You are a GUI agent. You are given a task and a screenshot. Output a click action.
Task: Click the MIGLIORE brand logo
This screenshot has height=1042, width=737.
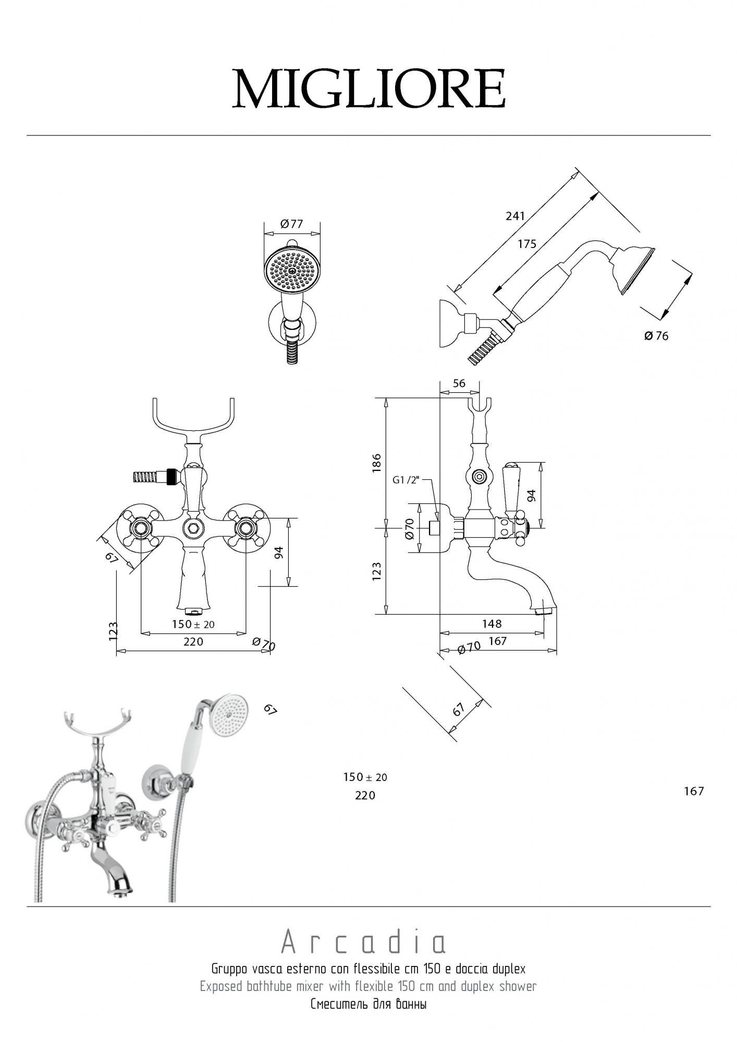tap(368, 88)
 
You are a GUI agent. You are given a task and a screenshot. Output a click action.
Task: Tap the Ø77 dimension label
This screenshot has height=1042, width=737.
tap(291, 224)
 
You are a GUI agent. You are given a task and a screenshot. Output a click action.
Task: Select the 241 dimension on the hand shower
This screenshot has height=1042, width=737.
tap(515, 215)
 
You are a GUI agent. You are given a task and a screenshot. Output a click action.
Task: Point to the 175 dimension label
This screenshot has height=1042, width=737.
tap(527, 244)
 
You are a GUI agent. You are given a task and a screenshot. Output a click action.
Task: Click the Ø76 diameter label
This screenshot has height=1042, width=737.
tap(656, 336)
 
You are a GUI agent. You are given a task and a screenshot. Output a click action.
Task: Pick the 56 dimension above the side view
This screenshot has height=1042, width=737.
tap(459, 383)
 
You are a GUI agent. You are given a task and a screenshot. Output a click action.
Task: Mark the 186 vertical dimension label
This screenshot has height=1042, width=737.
tap(376, 463)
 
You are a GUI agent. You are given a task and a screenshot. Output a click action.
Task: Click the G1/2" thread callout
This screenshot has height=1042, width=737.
tap(406, 480)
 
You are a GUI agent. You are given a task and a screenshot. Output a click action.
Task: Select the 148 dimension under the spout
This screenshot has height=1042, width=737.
tap(492, 624)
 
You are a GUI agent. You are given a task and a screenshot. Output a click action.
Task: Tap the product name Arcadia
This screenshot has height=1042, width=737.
tap(364, 942)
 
